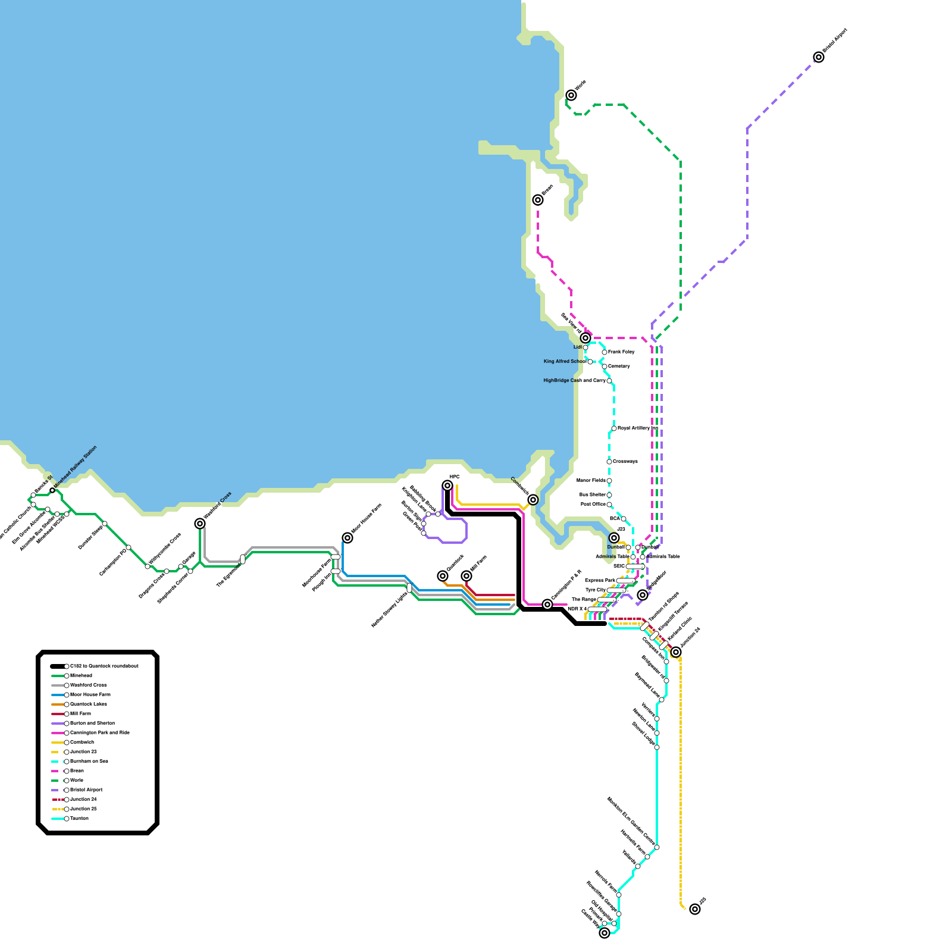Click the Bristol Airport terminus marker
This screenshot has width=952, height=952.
tap(819, 57)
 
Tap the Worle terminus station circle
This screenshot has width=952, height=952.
tap(571, 95)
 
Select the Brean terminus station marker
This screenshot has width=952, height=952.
tap(538, 200)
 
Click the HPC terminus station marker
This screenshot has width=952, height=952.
tap(447, 486)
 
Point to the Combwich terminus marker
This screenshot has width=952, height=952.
tap(533, 500)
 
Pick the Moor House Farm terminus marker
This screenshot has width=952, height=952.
tap(347, 538)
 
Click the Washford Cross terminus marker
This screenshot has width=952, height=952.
tap(200, 524)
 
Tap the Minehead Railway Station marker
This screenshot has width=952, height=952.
tap(52, 490)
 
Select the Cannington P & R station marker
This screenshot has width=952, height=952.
tap(547, 605)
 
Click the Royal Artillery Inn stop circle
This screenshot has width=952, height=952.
tap(614, 428)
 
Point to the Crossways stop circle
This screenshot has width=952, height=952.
tap(609, 462)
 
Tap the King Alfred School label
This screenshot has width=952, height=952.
tap(565, 361)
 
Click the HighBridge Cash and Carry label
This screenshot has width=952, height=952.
tap(574, 380)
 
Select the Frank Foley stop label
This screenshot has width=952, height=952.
tap(621, 352)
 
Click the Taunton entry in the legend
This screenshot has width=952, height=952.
tap(79, 818)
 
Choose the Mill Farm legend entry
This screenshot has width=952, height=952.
tap(80, 713)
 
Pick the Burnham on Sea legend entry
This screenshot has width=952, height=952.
tap(89, 761)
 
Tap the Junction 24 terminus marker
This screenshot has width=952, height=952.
tap(676, 652)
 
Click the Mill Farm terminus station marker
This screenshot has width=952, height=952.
tap(466, 576)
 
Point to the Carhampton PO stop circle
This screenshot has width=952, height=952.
tap(129, 547)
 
